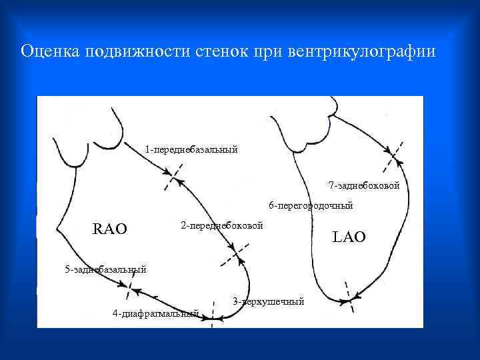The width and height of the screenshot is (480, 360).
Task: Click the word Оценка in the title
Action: point(49,51)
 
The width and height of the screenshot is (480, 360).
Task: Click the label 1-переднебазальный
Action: point(191,149)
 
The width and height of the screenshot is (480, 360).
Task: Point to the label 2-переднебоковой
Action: point(222,226)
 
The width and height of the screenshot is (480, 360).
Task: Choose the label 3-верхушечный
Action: point(268,302)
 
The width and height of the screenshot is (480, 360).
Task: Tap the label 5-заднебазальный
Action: point(105,270)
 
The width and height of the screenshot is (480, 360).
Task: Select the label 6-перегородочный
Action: point(311,206)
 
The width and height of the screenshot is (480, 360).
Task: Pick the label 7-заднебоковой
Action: point(364,185)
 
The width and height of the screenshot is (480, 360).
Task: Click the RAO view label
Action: point(109,229)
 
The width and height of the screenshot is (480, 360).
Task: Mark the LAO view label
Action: point(349,237)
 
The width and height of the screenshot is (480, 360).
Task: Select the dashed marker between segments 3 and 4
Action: point(212,312)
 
